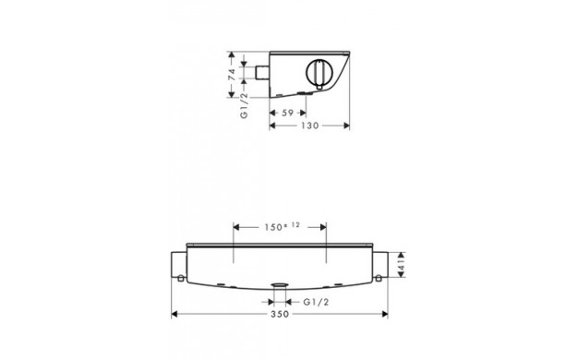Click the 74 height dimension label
coord(232,75)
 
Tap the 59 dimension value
coord(288,113)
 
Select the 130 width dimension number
coord(310,126)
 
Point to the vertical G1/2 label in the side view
coord(245,106)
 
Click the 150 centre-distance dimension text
coord(273,227)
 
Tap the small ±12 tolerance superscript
coord(293,225)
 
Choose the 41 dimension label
coord(402,265)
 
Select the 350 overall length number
coord(280,315)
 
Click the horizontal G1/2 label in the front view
coord(316,302)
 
